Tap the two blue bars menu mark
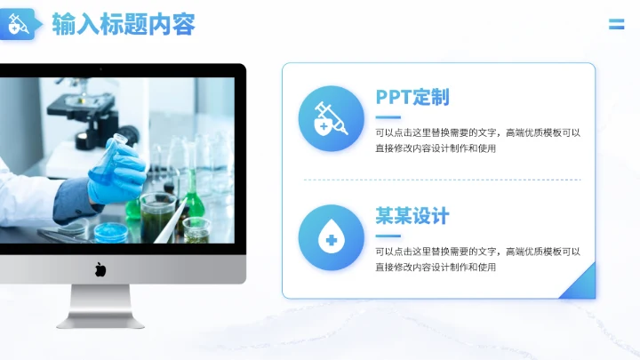point(616,24)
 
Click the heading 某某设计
point(412,216)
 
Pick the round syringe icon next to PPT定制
point(331,118)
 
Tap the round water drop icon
point(331,237)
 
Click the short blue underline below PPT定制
point(388,116)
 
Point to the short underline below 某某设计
point(388,236)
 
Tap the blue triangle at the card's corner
point(580,285)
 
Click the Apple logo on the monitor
point(100,268)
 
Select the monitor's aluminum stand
point(100,306)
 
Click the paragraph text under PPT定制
point(477,140)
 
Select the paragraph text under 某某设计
point(477,259)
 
